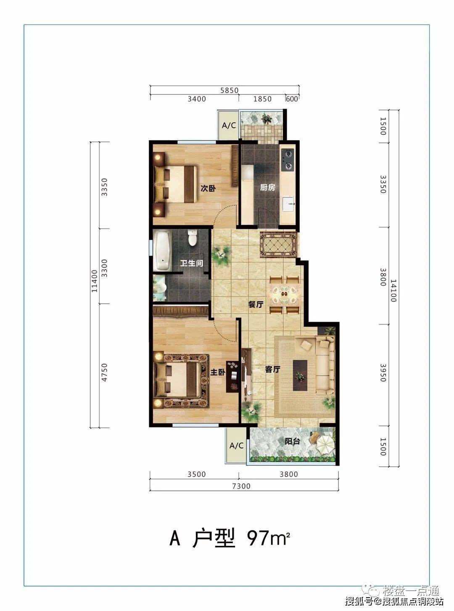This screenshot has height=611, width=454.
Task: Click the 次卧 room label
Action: click(208, 189)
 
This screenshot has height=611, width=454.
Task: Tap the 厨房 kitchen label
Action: click(267, 188)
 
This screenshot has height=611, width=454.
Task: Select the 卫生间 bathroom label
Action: click(192, 263)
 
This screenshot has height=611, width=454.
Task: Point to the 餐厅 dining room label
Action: click(256, 304)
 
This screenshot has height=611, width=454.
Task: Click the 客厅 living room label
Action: click(273, 370)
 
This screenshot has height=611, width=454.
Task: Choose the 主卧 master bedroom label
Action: click(218, 372)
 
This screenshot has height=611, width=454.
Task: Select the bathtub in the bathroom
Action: click(162, 250)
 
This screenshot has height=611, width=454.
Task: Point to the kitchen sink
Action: click(288, 204)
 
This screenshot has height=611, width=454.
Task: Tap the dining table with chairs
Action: click(284, 295)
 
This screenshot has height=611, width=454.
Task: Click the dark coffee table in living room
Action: click(300, 375)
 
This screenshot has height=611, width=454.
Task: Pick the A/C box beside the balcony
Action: click(236, 446)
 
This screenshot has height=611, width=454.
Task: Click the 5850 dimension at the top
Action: click(229, 90)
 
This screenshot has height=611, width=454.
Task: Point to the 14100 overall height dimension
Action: click(393, 291)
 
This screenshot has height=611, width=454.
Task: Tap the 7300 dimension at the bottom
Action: click(241, 486)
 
